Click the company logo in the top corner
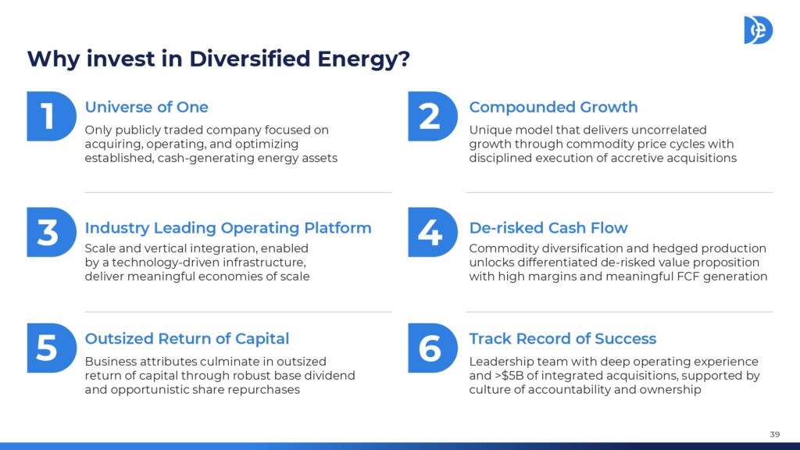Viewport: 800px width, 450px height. pos(758,30)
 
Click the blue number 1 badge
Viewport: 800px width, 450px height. pos(52,116)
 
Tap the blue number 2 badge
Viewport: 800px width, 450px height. pos(433,116)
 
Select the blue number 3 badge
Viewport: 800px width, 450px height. pos(52,232)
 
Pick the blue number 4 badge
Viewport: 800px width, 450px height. pos(433,232)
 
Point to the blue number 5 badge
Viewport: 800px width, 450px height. pos(52,348)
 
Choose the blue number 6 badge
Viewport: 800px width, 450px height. pos(433,348)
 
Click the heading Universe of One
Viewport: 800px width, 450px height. pos(146,107)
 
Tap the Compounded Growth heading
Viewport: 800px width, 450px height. pos(554,107)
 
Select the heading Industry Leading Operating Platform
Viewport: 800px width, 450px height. pos(228,227)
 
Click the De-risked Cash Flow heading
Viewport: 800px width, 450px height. pos(548,227)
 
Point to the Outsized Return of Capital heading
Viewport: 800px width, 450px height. pos(187,339)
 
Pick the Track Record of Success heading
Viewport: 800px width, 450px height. pos(562,339)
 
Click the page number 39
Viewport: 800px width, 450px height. pos(774,434)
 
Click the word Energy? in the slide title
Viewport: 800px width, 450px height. pos(364,59)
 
